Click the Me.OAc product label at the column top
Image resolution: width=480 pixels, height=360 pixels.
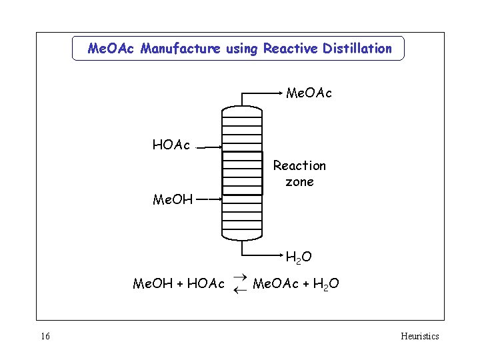tap(309, 93)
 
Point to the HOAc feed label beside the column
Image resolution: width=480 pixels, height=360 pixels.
tap(171, 145)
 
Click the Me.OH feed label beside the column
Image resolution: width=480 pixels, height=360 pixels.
tap(173, 199)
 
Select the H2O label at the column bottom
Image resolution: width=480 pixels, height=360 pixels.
tap(298, 257)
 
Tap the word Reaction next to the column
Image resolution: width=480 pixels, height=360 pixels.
tap(299, 165)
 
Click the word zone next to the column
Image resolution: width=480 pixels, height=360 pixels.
tap(299, 181)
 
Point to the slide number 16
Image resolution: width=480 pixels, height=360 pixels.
tap(45, 336)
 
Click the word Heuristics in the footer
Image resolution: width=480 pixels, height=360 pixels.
tap(419, 336)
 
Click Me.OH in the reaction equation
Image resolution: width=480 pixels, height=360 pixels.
tap(153, 284)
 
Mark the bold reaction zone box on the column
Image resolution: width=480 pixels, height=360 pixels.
tap(242, 173)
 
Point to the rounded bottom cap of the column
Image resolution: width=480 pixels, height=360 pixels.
tap(242, 234)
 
